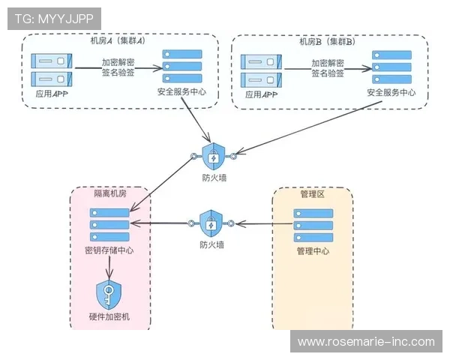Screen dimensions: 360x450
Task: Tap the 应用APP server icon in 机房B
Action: [x=262, y=69]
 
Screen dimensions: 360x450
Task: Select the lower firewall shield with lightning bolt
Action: [x=211, y=223]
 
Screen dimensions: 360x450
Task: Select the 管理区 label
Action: [x=312, y=193]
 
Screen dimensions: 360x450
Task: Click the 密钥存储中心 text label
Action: [x=109, y=251]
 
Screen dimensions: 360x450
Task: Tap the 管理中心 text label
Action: [x=312, y=251]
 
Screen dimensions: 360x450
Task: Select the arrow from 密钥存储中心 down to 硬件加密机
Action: [x=110, y=266]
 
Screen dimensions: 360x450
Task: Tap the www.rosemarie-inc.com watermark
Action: [x=366, y=341]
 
